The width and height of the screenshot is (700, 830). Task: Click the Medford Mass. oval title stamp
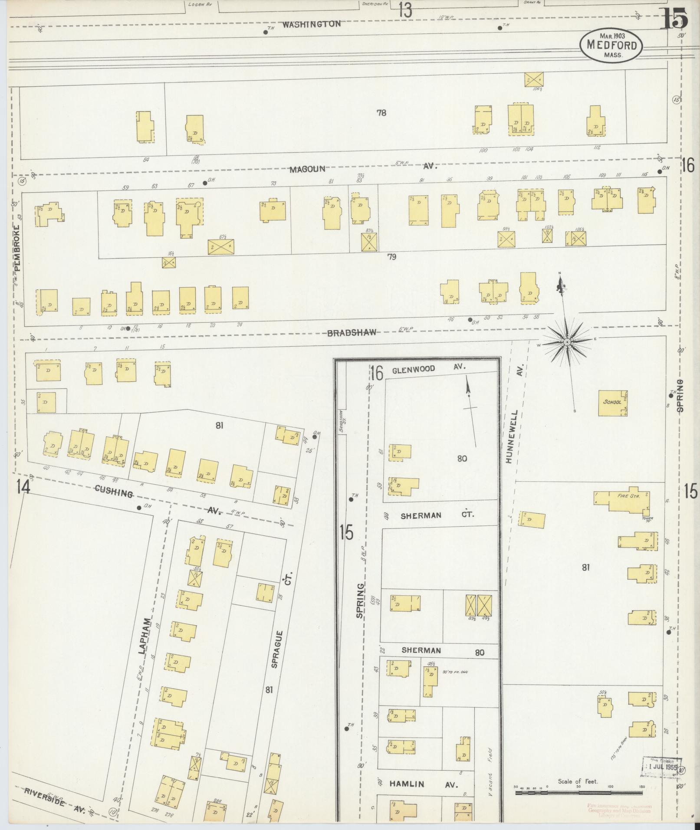click(611, 45)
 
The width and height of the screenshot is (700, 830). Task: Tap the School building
click(612, 402)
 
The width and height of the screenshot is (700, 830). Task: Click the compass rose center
click(567, 342)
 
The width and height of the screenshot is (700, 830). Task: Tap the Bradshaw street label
click(352, 333)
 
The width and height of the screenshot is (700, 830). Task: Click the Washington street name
click(311, 25)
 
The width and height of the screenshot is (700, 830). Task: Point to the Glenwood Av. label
click(428, 369)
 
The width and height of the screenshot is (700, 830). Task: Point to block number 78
click(381, 113)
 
